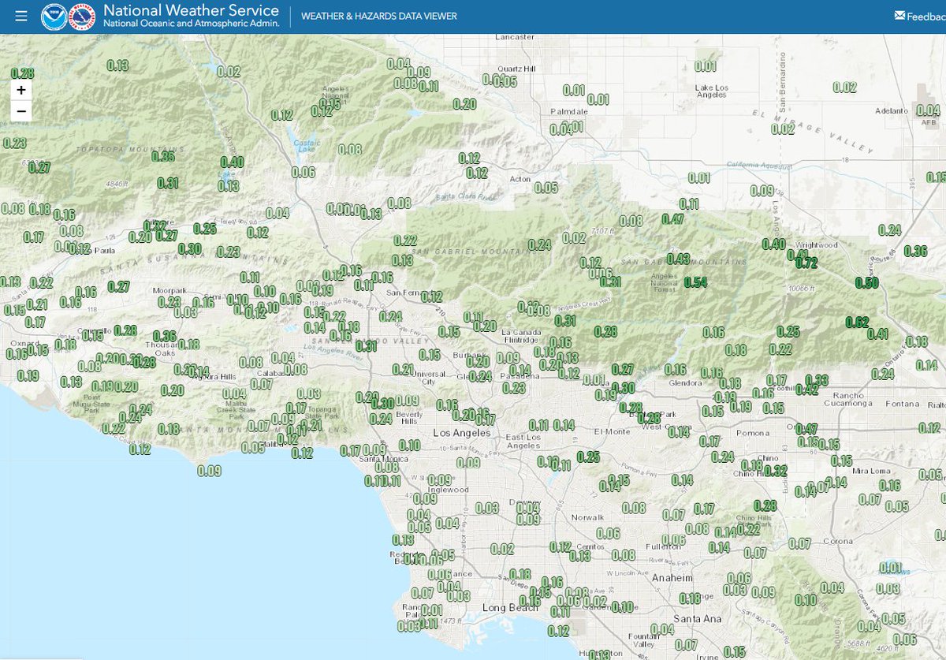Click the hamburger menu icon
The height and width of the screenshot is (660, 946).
(21, 16)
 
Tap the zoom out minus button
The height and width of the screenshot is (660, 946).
(21, 111)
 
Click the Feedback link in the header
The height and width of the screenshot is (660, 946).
(920, 16)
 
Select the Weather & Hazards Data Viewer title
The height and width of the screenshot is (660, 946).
(378, 17)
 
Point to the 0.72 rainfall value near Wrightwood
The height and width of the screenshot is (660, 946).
(806, 263)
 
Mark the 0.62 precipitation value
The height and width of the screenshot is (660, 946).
(857, 322)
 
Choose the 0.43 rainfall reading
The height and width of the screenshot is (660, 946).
(678, 259)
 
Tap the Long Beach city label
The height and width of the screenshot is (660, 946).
(504, 608)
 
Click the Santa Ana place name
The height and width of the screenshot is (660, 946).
(698, 619)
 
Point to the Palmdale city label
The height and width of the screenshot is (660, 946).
(568, 112)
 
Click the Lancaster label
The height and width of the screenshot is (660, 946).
(515, 37)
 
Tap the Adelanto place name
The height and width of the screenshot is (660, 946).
(891, 111)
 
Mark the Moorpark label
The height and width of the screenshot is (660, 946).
(169, 291)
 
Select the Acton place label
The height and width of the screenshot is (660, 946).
(520, 179)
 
